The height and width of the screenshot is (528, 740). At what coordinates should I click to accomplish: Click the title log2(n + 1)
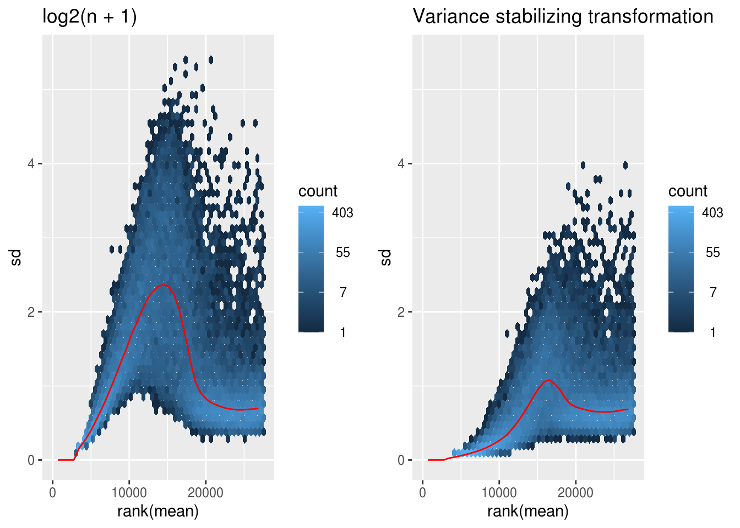[x=90, y=16]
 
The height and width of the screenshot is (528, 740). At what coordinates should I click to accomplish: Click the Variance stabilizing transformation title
[x=563, y=16]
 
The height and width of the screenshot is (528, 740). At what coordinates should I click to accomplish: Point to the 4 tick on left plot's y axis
[x=31, y=163]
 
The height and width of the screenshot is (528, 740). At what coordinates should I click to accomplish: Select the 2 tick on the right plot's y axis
[x=401, y=312]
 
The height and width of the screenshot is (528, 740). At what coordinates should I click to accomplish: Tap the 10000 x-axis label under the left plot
[x=129, y=492]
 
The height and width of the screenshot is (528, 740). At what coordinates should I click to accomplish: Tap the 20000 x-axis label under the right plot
[x=575, y=492]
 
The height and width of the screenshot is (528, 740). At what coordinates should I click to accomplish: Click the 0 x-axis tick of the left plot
[x=53, y=492]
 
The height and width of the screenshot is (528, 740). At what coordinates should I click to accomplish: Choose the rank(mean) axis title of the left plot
[x=158, y=511]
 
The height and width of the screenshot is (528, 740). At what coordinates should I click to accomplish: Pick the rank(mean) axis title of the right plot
[x=528, y=511]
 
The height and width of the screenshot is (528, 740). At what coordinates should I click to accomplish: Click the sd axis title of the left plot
[x=16, y=257]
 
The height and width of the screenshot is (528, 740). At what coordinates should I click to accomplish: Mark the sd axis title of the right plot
[x=386, y=257]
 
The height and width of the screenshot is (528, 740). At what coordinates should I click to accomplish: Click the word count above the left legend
[x=318, y=191]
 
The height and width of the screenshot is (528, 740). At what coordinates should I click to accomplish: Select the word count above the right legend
[x=688, y=191]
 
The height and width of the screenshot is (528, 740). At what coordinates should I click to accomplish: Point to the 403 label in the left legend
[x=342, y=213]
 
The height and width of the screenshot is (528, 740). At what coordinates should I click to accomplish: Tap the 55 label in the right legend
[x=712, y=252]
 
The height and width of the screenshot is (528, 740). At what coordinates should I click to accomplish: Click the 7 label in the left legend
[x=342, y=292]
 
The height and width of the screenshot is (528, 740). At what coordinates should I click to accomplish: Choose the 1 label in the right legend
[x=712, y=332]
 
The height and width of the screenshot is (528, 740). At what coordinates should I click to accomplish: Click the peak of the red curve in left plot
[x=163, y=285]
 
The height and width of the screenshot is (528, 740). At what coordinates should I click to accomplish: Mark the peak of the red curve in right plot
[x=548, y=380]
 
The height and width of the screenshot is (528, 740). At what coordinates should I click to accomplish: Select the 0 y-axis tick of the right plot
[x=401, y=460]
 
